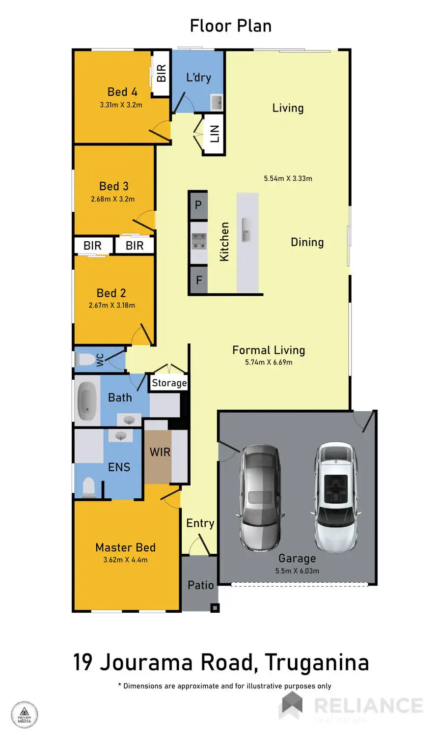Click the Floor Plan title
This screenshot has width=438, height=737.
coord(230,26)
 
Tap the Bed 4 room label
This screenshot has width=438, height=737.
coord(122,92)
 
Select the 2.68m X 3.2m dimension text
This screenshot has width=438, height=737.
coord(112,199)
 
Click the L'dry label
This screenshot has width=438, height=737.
coord(198,77)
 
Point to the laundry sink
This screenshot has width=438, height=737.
coord(217,103)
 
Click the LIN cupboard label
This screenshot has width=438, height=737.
coord(215,133)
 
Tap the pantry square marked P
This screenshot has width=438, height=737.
coord(198,205)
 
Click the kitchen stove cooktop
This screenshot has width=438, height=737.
coord(198,241)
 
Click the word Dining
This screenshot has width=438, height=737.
coord(307,242)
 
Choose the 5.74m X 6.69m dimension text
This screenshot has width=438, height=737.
coord(269,362)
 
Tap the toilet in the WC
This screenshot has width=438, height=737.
coord(87,360)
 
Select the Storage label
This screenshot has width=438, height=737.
coord(169,383)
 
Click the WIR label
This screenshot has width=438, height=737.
coord(160,452)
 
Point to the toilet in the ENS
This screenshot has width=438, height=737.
coord(88,487)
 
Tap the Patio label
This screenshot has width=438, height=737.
coord(200,585)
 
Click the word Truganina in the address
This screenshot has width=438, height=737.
coord(317,662)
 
